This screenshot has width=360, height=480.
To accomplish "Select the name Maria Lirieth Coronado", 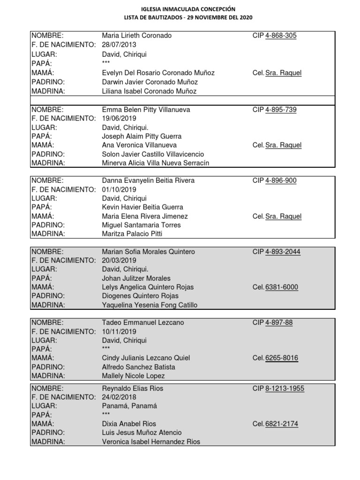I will (137, 36).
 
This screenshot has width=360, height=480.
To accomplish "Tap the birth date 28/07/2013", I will (119, 45).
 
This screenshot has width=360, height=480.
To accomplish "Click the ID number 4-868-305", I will (281, 36).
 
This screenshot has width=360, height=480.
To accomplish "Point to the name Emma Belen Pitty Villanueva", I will (146, 110).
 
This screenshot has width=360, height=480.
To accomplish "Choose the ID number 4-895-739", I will (281, 110).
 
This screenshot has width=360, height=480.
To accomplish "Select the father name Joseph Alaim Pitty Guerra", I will (142, 136).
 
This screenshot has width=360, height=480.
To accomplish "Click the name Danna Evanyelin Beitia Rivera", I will (148, 180).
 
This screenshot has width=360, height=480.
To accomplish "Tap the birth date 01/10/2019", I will (119, 189).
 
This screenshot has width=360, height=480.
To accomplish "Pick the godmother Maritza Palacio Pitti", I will (132, 233).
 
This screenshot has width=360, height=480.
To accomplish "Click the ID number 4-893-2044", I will (283, 252).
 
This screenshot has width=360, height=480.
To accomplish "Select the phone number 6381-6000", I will (282, 287).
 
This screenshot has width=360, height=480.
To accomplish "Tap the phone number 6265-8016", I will (282, 358).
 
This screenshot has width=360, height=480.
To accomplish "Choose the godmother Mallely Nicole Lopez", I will (134, 376).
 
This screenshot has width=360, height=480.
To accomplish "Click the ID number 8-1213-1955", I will (285, 389).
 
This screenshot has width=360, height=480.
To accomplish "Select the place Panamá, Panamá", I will (129, 406).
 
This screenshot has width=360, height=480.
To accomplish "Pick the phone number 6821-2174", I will (282, 424).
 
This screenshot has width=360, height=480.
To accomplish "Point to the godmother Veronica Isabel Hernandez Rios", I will (151, 442).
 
